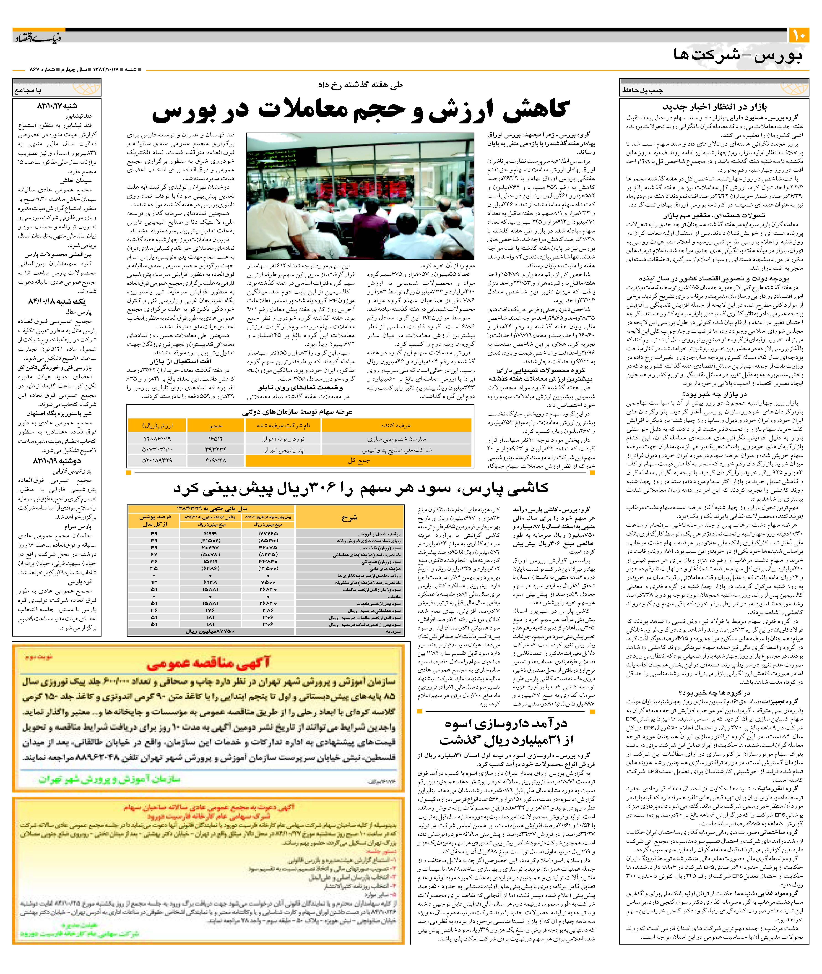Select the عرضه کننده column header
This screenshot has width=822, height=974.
click(396, 425)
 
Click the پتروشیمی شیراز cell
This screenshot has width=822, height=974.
click(283, 450)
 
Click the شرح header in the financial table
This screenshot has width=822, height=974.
click(349, 518)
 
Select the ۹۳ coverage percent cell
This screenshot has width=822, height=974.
click(154, 582)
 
